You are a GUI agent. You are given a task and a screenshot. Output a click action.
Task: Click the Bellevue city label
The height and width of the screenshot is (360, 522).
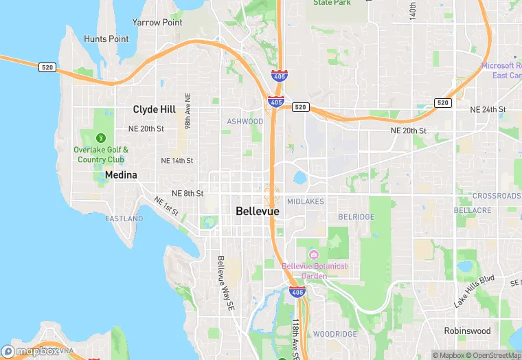tap(258, 212)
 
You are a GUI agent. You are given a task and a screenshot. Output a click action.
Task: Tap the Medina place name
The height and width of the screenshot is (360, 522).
tap(121, 175)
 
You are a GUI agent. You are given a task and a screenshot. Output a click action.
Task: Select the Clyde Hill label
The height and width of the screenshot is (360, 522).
tap(154, 109)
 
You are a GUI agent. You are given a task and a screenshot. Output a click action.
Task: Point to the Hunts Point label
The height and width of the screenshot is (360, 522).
tap(106, 39)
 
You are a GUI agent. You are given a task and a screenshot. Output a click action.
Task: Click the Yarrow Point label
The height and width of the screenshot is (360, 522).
tap(157, 22)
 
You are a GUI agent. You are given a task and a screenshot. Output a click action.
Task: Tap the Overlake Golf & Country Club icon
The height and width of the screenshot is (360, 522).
tap(101, 138)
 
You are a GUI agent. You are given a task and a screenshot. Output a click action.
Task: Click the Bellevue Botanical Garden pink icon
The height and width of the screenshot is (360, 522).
tap(314, 254)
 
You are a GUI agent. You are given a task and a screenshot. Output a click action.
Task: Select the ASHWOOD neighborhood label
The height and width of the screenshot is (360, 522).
tap(245, 122)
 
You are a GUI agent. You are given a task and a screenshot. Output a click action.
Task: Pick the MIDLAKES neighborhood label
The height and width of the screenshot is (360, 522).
tap(306, 201)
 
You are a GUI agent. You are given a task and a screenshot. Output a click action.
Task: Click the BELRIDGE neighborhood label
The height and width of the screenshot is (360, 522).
tap(356, 217)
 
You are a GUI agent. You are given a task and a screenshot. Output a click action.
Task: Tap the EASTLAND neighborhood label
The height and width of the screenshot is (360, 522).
tap(124, 218)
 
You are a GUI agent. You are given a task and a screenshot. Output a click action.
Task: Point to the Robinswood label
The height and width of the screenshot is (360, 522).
tap(467, 330)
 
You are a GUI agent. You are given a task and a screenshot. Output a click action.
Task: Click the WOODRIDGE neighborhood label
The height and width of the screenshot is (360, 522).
tap(334, 334)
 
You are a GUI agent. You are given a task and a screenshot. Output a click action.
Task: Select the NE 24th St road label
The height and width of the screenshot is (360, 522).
tap(488, 110)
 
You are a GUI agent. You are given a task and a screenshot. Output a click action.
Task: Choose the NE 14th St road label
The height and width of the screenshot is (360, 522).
tap(177, 160)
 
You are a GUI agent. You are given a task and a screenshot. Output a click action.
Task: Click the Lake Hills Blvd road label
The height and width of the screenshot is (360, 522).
tap(474, 291)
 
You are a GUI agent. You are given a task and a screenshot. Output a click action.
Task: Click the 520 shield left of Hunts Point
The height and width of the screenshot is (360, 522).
tap(47, 67)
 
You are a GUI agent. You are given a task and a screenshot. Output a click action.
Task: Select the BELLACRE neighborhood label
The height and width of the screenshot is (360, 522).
tap(473, 210)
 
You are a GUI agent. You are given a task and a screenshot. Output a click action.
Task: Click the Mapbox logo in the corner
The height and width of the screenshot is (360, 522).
tap(30, 351)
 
